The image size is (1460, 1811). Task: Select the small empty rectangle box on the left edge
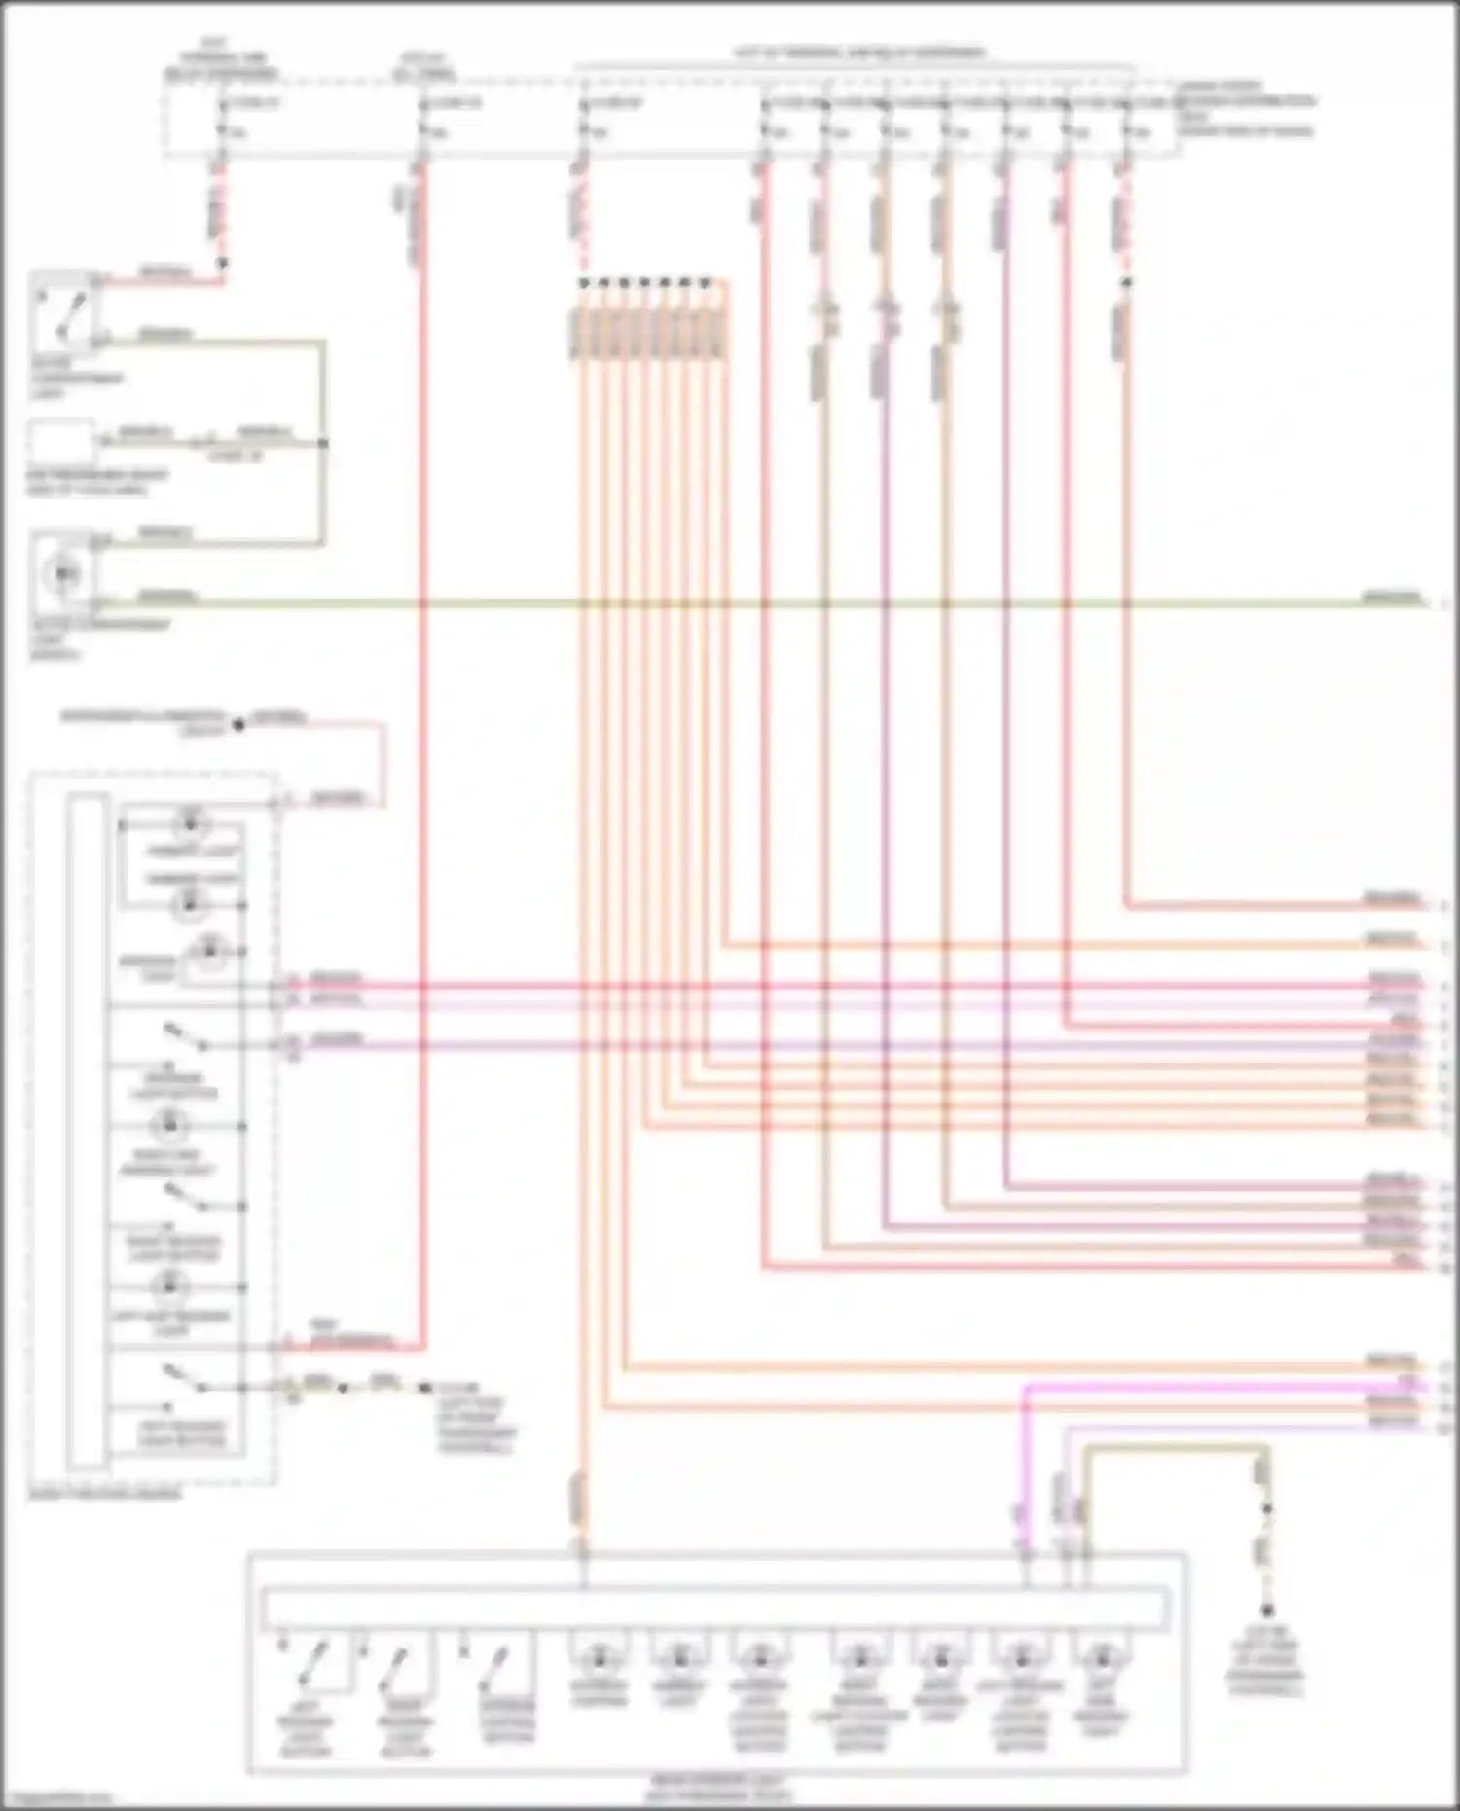pyautogui.click(x=60, y=443)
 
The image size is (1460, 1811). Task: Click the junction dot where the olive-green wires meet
pyautogui.click(x=323, y=443)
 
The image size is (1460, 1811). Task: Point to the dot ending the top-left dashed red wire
pyautogui.click(x=222, y=263)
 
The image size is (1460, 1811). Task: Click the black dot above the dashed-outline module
pyautogui.click(x=237, y=724)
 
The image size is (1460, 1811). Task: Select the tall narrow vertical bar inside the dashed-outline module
pyautogui.click(x=88, y=1129)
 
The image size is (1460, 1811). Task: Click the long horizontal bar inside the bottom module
pyautogui.click(x=716, y=1608)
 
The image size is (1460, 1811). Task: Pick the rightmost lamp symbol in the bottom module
pyautogui.click(x=1101, y=1654)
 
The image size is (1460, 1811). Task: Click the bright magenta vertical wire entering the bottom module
pyautogui.click(x=1024, y=1460)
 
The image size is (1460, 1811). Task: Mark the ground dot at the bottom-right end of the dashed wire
pyautogui.click(x=1267, y=1611)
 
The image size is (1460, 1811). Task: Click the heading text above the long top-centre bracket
pyautogui.click(x=857, y=52)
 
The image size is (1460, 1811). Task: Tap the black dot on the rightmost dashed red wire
pyautogui.click(x=1126, y=282)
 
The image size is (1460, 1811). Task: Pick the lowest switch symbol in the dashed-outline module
pyautogui.click(x=183, y=1377)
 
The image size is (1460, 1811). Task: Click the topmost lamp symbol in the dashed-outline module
pyautogui.click(x=190, y=824)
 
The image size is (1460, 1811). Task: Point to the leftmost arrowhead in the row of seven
pyautogui.click(x=583, y=283)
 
